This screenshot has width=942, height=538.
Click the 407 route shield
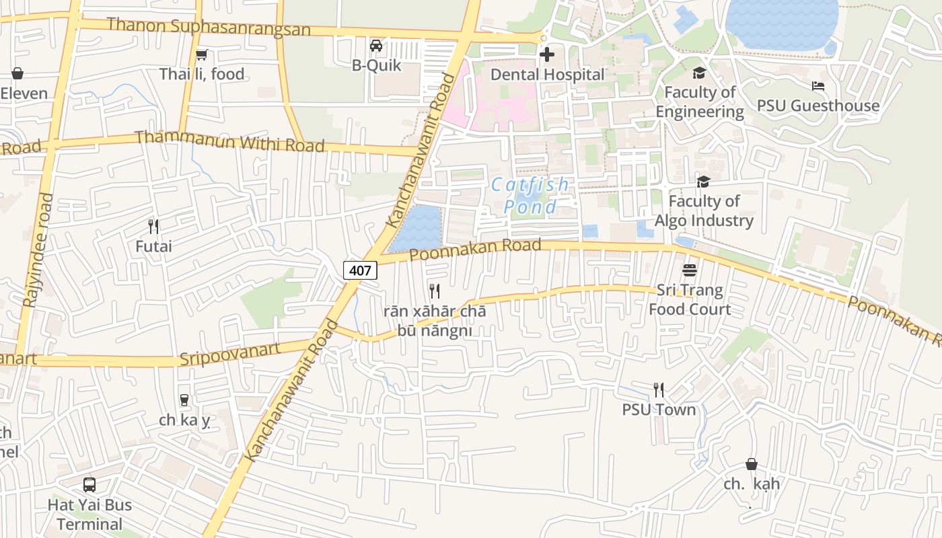point(361,271)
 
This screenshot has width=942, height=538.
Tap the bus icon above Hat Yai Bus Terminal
point(89,484)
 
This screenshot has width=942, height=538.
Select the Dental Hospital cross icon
point(547,54)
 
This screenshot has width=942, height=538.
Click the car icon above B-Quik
point(376,46)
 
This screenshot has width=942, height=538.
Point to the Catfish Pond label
point(530,195)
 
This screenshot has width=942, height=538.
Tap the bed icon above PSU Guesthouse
point(818,86)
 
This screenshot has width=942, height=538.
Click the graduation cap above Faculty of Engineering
point(700,73)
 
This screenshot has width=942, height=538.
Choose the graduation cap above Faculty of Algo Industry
point(703,182)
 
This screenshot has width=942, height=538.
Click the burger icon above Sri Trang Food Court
point(689,270)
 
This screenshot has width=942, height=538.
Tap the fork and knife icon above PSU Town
point(659,389)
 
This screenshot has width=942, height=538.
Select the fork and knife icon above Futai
point(153,226)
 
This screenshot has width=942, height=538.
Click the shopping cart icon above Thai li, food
point(201,54)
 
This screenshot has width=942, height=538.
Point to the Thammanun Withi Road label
point(229,141)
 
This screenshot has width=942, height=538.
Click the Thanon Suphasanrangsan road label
point(209,28)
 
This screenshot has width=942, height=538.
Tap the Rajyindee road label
point(38,250)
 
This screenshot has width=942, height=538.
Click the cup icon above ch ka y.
point(184,400)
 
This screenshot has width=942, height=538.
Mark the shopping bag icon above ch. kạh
point(752,464)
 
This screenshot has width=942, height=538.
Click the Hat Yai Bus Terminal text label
point(89,514)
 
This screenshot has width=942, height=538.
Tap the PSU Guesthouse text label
point(818,106)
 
